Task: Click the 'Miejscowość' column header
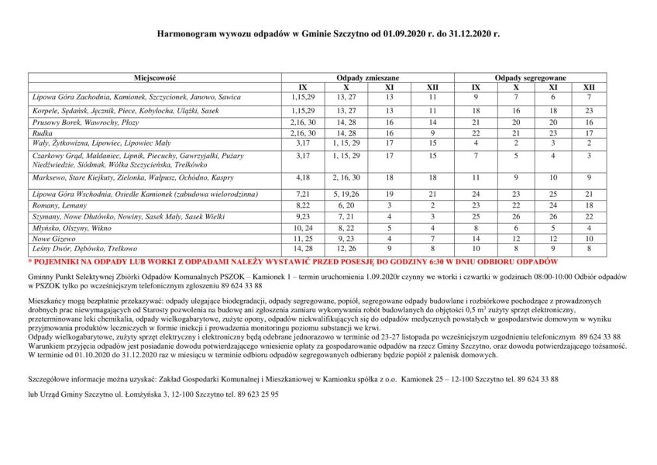pos(155,78)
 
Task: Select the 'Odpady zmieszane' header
pos(367,78)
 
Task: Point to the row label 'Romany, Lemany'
pos(58,205)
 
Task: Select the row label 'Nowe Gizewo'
pos(53,239)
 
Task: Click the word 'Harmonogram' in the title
pos(187,35)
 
